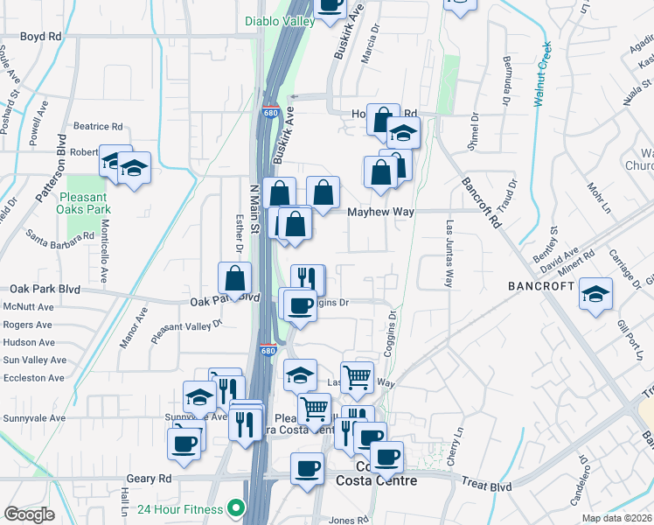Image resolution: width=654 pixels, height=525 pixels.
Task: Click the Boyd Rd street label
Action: tap(41, 37)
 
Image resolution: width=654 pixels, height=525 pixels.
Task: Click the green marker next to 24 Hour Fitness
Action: tap(234, 507)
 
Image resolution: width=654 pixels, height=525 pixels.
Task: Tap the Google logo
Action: tap(29, 514)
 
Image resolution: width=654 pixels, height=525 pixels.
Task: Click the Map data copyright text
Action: tap(616, 518)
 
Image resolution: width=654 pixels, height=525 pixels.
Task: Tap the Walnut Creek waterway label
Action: tap(542, 74)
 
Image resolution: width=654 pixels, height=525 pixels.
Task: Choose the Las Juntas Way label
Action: tap(449, 254)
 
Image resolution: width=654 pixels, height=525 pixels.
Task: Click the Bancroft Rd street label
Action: tap(481, 201)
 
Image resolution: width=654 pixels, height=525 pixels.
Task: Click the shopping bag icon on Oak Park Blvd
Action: tap(235, 279)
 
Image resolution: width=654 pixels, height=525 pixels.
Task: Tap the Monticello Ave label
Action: tap(103, 250)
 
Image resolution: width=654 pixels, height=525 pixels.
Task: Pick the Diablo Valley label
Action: tap(278, 20)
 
